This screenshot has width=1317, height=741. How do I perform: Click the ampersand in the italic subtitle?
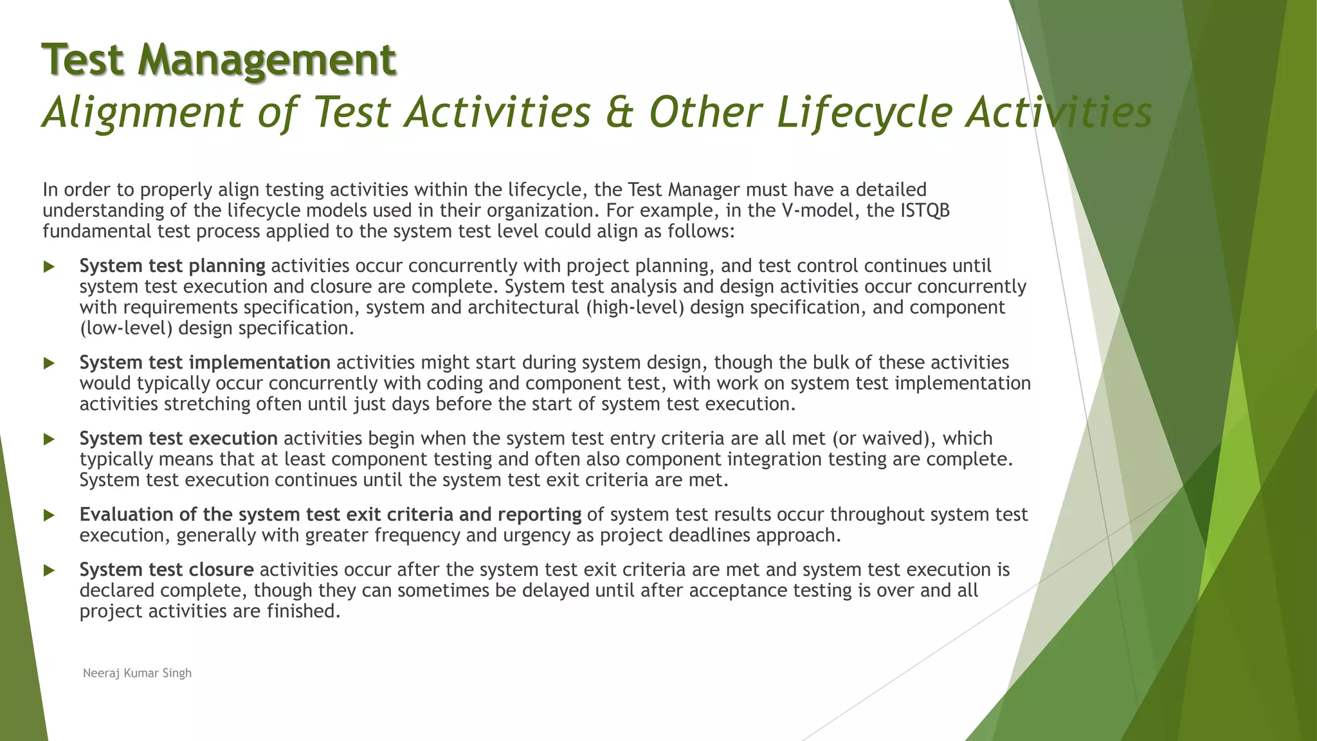(619, 112)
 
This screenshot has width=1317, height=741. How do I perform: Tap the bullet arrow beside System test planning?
(49, 267)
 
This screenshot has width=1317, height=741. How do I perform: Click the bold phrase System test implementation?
(204, 362)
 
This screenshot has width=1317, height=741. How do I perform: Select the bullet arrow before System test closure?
(49, 571)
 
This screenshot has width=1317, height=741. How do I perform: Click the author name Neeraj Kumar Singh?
(137, 673)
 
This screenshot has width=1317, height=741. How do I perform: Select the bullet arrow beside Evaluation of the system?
(49, 515)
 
